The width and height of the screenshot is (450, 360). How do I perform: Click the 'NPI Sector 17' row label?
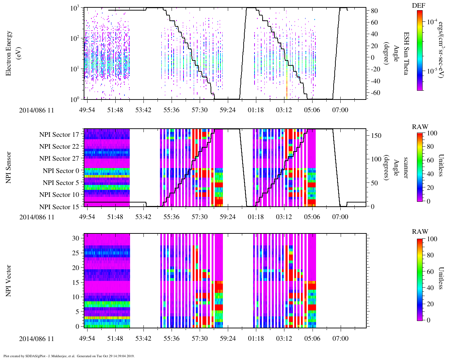coord(59,135)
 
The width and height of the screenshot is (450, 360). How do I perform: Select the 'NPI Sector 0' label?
coord(61,171)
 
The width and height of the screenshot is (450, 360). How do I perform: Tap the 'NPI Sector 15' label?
coord(59,207)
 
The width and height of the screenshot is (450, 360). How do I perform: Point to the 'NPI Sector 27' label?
coord(59,159)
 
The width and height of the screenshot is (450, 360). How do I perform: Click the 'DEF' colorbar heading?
coord(418,6)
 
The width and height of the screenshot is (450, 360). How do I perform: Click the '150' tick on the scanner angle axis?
coord(377,136)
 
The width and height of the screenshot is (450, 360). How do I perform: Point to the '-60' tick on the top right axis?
coord(373,93)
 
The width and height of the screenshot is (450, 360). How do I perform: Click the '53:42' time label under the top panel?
coord(143,110)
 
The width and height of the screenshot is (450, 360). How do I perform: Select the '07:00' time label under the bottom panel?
coord(340,339)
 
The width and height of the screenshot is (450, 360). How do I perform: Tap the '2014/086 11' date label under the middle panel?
coord(37,217)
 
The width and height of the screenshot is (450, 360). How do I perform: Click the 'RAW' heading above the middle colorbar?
coord(420,127)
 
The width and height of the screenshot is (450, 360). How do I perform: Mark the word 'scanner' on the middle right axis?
coord(406,168)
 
